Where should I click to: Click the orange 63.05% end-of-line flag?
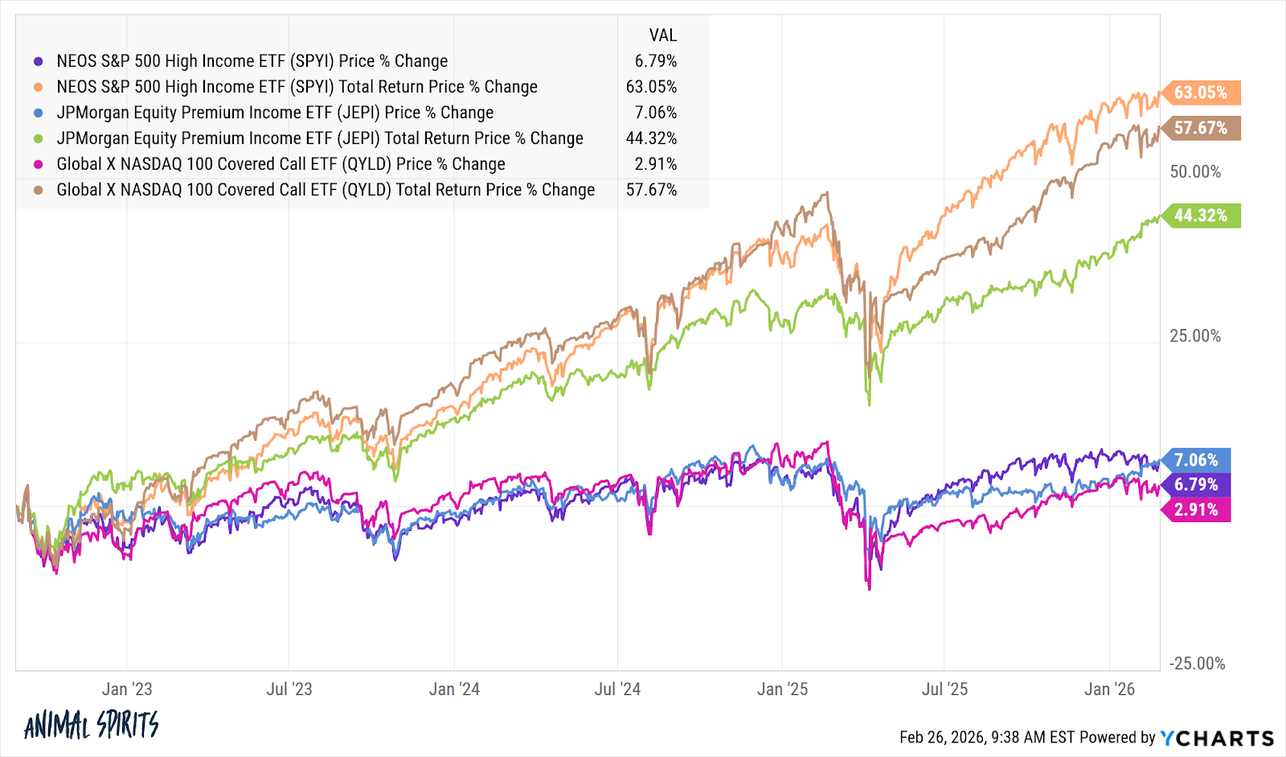tap(1201, 93)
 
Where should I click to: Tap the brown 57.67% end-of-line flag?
tap(1201, 128)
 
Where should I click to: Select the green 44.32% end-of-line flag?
tap(1201, 216)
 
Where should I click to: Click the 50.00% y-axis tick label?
tap(1195, 172)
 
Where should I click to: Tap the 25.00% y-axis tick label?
tap(1195, 335)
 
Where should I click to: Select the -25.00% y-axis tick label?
tap(1197, 664)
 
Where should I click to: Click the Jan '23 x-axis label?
tap(127, 689)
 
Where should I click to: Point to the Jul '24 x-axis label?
tap(617, 689)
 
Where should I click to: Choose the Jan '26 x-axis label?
tap(1109, 689)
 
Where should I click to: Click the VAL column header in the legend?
tap(662, 35)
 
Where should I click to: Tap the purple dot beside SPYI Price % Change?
tap(39, 61)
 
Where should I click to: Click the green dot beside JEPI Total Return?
tap(39, 138)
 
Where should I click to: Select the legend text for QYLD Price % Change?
tap(281, 164)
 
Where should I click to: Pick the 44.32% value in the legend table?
tap(651, 138)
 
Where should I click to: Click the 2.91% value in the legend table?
tap(656, 164)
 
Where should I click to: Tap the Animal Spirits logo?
tap(92, 726)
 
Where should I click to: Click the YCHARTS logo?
tap(1217, 738)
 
